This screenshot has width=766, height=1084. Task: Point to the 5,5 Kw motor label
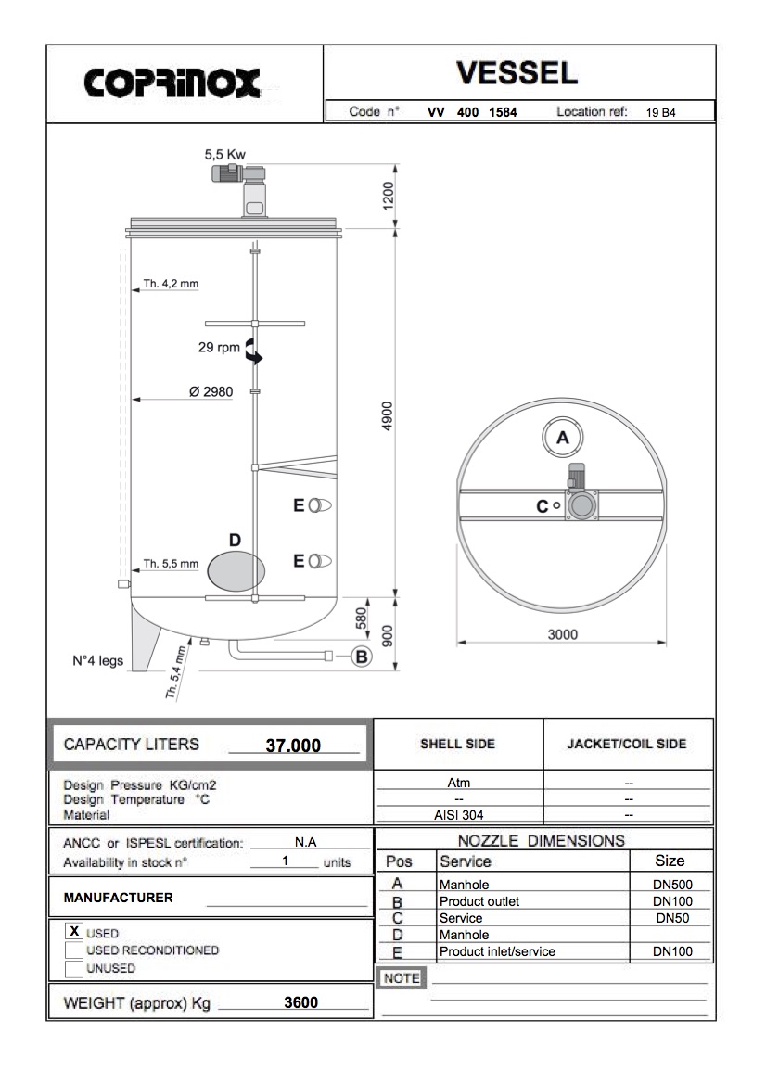click(225, 156)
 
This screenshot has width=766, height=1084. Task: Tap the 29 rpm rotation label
click(219, 348)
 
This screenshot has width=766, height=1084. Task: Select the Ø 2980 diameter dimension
click(211, 392)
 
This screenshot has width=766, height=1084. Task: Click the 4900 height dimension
click(389, 414)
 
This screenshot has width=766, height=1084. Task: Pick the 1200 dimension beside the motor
click(389, 196)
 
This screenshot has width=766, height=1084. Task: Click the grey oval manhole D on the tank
click(236, 568)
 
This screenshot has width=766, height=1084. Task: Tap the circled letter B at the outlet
click(362, 657)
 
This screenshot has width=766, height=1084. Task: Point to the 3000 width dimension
click(562, 634)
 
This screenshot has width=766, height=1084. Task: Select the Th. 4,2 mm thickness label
click(171, 284)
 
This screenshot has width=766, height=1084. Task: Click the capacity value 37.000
click(293, 746)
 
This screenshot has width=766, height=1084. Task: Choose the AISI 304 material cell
click(459, 815)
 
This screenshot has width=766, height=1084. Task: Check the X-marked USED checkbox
click(74, 931)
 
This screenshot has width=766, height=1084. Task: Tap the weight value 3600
click(301, 1002)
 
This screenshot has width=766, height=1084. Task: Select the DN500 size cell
click(672, 886)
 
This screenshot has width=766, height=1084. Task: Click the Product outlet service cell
click(479, 901)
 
